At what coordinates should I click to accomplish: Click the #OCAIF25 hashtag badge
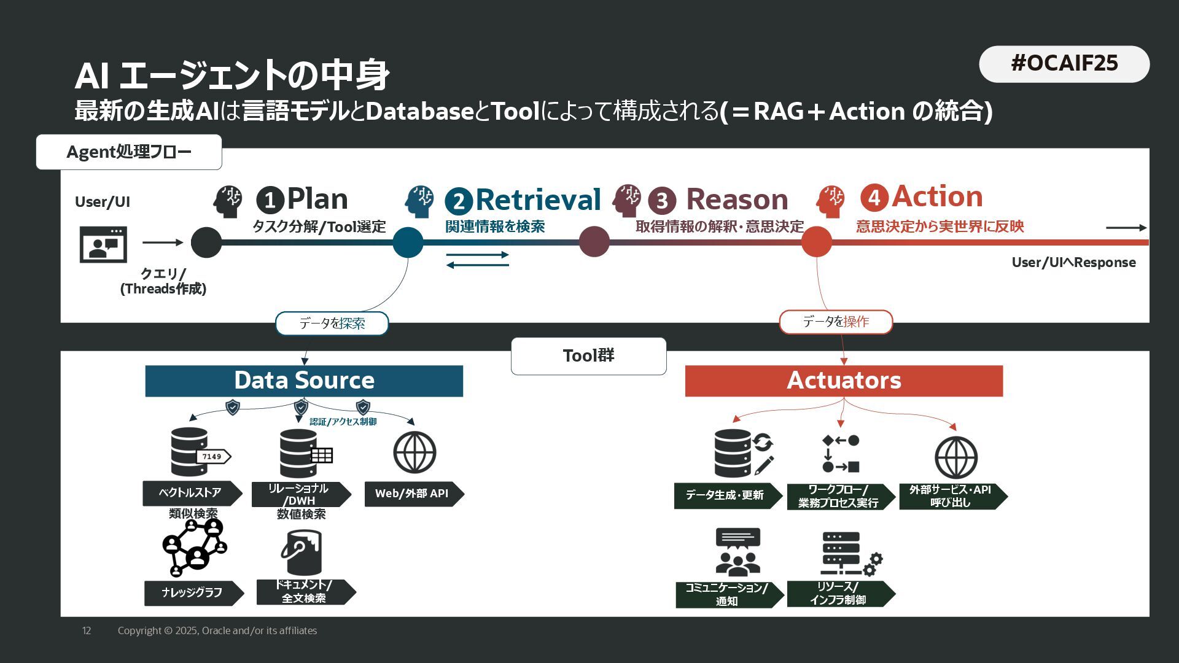[1064, 64]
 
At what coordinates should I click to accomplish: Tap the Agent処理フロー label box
[129, 152]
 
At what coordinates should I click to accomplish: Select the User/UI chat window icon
[103, 244]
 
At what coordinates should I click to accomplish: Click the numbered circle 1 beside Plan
[270, 200]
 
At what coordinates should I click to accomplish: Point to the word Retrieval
[538, 200]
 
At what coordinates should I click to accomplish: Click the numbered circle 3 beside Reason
[661, 201]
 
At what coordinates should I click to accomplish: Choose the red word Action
[937, 196]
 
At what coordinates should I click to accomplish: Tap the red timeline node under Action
[816, 242]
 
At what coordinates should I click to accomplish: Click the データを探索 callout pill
[332, 323]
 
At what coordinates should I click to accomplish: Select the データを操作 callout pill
[836, 322]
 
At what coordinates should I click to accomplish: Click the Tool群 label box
[588, 355]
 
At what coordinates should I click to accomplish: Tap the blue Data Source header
[304, 381]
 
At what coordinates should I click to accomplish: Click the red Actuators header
[844, 381]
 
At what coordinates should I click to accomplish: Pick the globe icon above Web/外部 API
[414, 453]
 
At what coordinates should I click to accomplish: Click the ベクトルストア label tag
[191, 493]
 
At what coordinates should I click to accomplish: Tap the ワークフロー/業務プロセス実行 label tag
[839, 496]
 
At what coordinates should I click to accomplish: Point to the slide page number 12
[87, 630]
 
